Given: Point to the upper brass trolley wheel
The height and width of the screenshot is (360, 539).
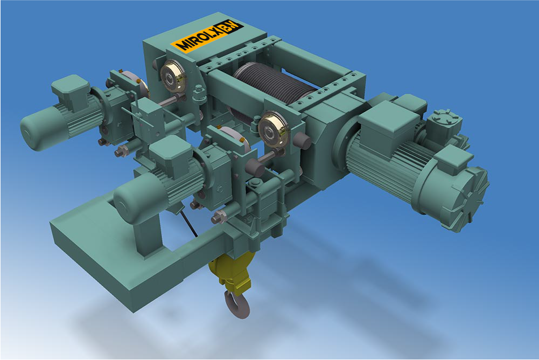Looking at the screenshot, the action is click(x=172, y=77).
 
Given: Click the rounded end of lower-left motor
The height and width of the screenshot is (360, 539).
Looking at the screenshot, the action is click(x=128, y=203).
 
